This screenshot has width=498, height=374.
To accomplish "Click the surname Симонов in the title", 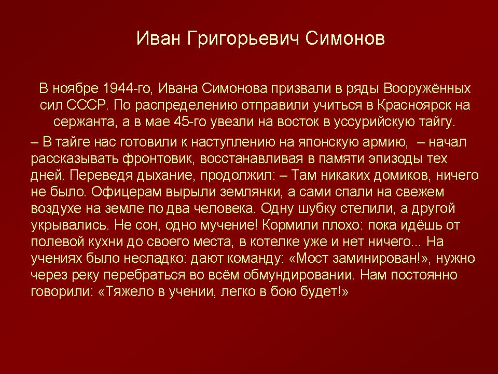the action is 345,38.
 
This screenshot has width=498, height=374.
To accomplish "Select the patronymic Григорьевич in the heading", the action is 243,39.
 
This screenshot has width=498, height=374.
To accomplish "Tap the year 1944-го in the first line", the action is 128,88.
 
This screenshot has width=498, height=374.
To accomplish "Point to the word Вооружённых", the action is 427,88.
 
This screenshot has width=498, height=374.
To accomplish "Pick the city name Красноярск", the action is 414,105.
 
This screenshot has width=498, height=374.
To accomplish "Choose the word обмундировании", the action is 298,275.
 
